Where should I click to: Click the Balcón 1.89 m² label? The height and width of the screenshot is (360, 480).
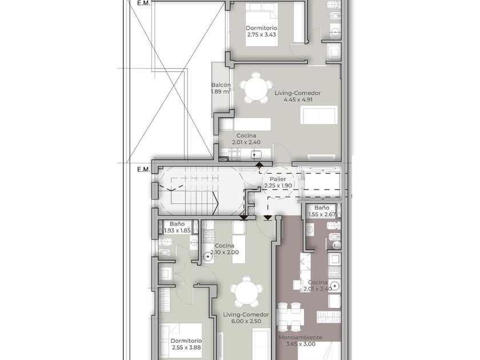(221, 88)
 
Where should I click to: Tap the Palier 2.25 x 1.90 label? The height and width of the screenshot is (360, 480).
(278, 182)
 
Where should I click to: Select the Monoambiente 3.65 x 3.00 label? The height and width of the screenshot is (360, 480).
(301, 341)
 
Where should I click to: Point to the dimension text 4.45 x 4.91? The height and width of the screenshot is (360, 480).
(298, 100)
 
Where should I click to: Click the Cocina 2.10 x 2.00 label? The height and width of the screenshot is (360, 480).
(225, 249)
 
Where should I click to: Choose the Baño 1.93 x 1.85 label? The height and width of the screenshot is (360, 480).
(177, 227)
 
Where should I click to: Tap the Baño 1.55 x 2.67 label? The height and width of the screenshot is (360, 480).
(322, 211)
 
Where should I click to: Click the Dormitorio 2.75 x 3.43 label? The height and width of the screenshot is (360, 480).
(262, 31)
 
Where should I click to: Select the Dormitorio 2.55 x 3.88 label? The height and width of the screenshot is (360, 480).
(186, 344)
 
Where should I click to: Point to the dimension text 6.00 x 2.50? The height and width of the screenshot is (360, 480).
(247, 321)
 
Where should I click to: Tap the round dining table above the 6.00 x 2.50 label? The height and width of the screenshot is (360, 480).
(246, 293)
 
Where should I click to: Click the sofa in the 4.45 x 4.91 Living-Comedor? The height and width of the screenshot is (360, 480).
(319, 115)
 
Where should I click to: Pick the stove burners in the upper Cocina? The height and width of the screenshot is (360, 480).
(235, 154)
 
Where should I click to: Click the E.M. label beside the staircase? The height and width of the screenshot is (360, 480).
(143, 170)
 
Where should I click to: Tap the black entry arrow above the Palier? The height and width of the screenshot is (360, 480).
(259, 165)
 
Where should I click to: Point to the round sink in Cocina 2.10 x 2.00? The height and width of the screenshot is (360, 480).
(209, 257)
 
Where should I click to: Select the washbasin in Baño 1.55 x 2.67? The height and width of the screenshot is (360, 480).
(310, 229)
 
